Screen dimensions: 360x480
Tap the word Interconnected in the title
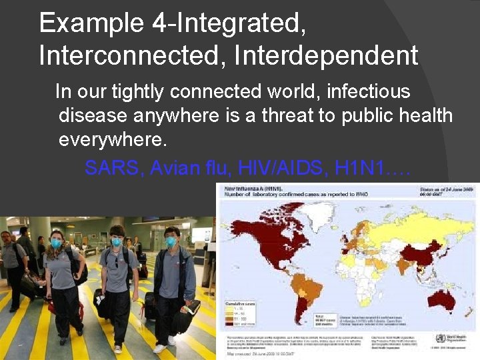pyautogui.click(x=133, y=55)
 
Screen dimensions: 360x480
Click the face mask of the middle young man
pyautogui.click(x=117, y=241)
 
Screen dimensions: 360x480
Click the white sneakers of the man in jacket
pyautogui.click(x=160, y=347)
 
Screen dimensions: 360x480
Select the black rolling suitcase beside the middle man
pyautogui.click(x=102, y=303)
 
